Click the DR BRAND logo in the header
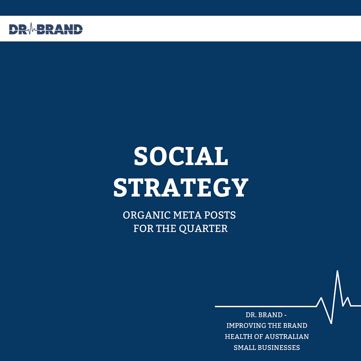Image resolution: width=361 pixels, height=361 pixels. [46, 29]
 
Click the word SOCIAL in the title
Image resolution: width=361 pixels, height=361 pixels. [181, 156]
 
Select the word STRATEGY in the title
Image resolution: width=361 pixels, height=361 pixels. [181, 187]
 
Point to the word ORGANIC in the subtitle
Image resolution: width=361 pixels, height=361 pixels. [147, 215]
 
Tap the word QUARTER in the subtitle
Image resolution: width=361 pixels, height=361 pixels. [203, 229]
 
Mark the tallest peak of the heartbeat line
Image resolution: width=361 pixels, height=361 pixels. [337, 271]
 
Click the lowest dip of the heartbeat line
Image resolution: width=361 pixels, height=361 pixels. [331, 323]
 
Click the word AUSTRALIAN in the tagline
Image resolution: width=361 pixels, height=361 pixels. [287, 337]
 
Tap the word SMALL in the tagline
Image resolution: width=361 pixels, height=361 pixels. [244, 347]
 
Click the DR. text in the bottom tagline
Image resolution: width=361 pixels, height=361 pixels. [250, 315]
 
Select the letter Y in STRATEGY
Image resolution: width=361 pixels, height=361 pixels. [240, 187]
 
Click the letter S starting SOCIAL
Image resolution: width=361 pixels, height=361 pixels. [141, 156]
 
